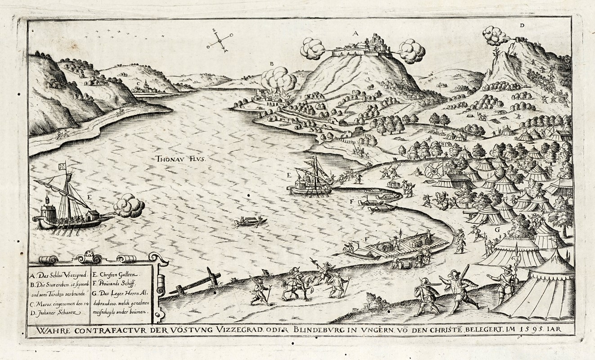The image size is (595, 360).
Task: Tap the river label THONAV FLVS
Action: click(x=177, y=158)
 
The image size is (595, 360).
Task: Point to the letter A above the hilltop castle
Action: click(x=355, y=33)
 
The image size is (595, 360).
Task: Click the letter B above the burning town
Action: click(x=271, y=64)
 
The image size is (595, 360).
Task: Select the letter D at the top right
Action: click(x=522, y=26)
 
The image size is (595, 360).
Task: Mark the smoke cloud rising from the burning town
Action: click(x=279, y=79)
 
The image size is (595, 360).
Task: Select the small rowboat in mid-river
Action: click(x=251, y=221)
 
